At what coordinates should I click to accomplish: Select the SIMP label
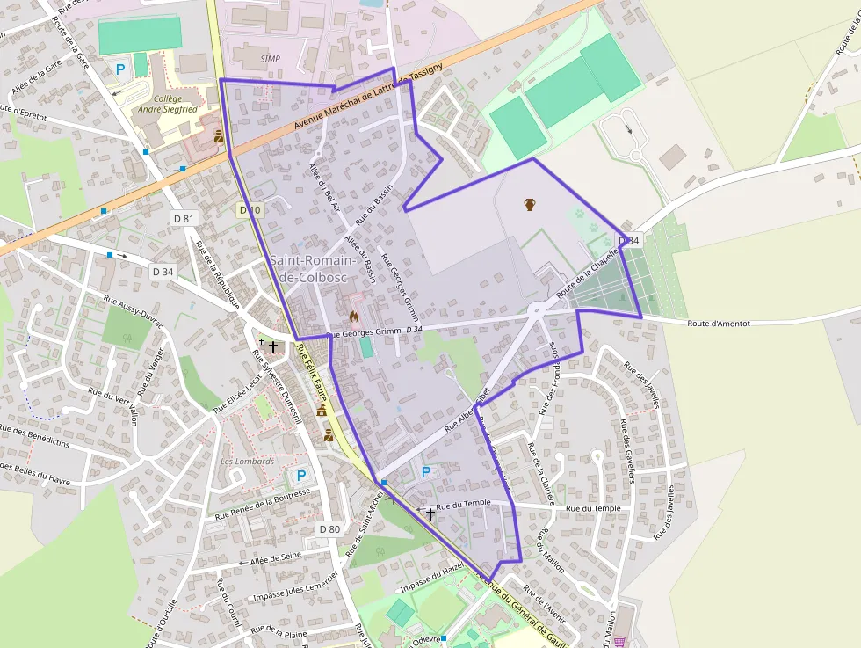click(271, 58)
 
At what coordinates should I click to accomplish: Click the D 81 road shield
click(184, 218)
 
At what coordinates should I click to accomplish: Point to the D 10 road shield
click(250, 210)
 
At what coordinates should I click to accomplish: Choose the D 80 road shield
click(329, 528)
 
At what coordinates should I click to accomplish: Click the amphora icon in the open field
click(530, 204)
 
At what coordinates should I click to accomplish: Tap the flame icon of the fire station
click(354, 316)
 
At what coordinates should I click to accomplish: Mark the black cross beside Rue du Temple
click(430, 513)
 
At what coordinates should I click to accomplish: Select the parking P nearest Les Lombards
click(300, 476)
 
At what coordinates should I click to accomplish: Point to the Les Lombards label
click(248, 461)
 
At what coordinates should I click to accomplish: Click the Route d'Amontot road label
click(719, 324)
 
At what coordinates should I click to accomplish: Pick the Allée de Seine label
click(276, 557)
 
